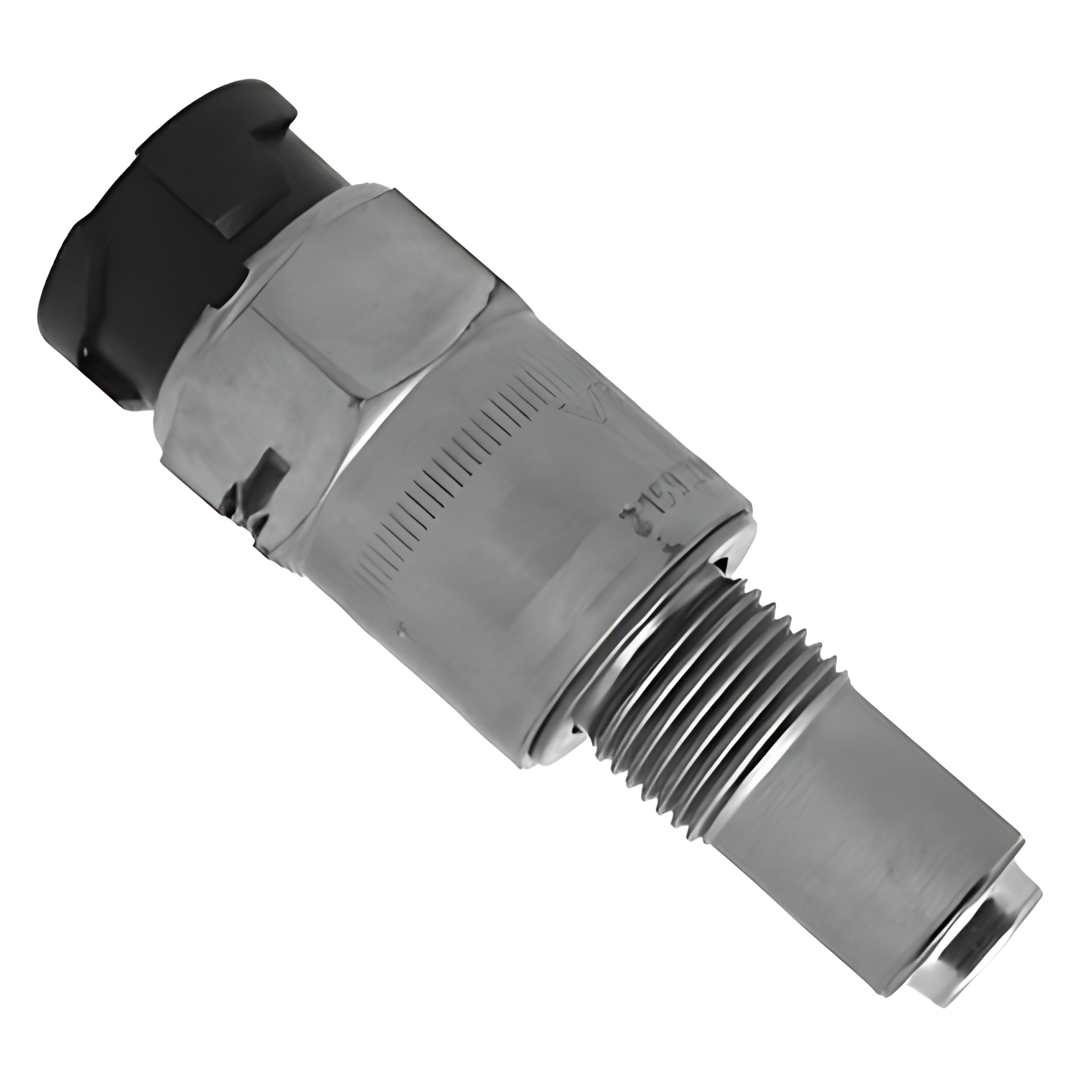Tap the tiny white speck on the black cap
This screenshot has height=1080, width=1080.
pyautogui.click(x=85, y=351)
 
